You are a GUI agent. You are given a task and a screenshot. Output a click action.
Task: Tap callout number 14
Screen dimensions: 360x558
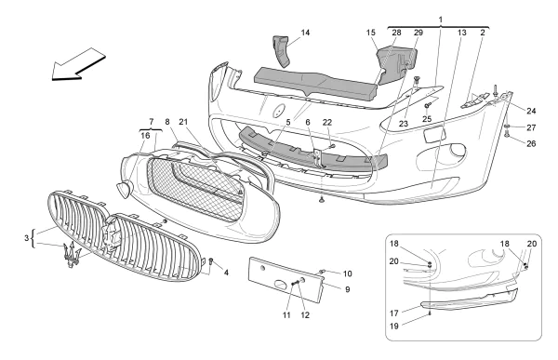pyautogui.click(x=305, y=33)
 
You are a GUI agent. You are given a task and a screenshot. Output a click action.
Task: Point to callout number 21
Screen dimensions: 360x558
pyautogui.click(x=184, y=122)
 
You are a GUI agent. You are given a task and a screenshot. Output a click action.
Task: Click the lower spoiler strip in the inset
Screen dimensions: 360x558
pyautogui.click(x=470, y=302)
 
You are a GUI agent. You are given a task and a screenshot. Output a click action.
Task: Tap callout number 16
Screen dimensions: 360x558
pyautogui.click(x=144, y=135)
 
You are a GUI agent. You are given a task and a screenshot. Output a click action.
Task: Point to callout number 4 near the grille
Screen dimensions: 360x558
pyautogui.click(x=226, y=272)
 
